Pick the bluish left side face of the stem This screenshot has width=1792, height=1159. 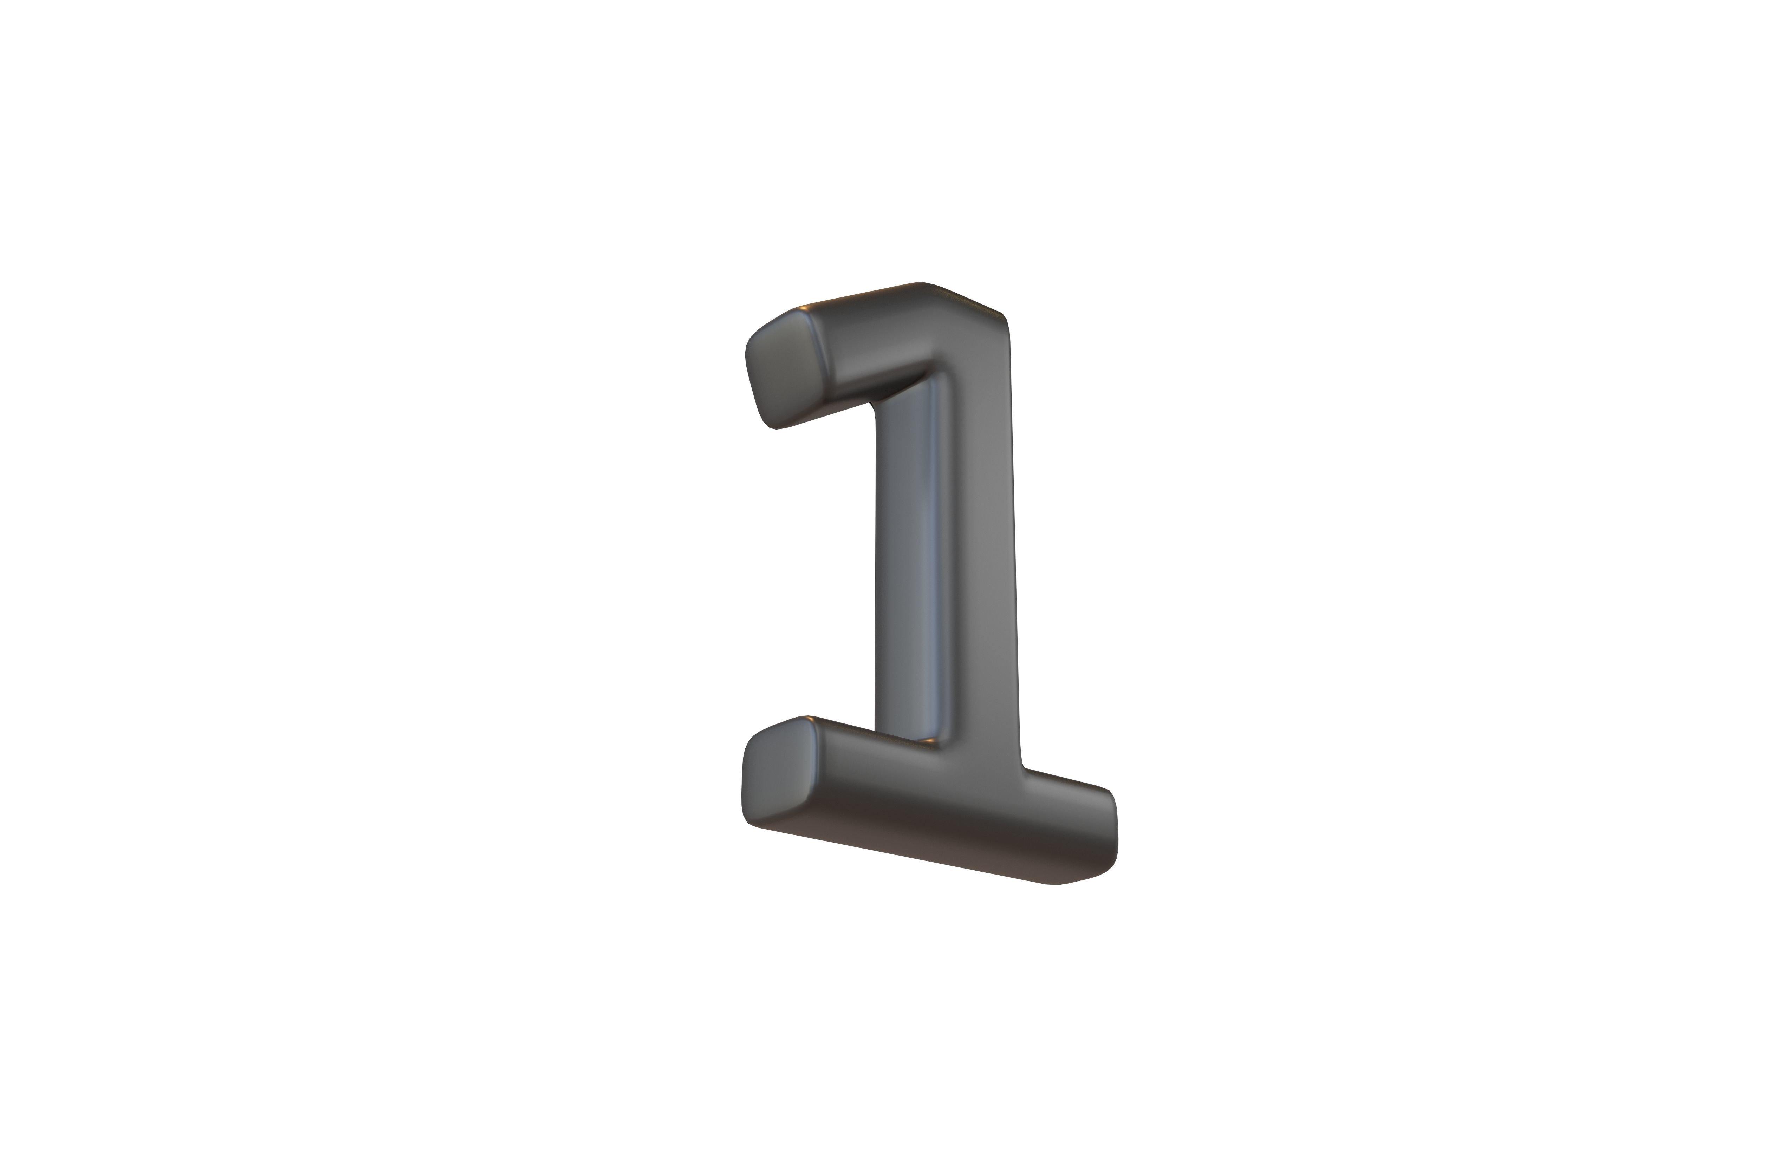click(x=903, y=564)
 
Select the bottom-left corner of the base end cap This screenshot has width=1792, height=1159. click(x=749, y=824)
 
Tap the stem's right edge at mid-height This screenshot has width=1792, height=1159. click(x=1013, y=542)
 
